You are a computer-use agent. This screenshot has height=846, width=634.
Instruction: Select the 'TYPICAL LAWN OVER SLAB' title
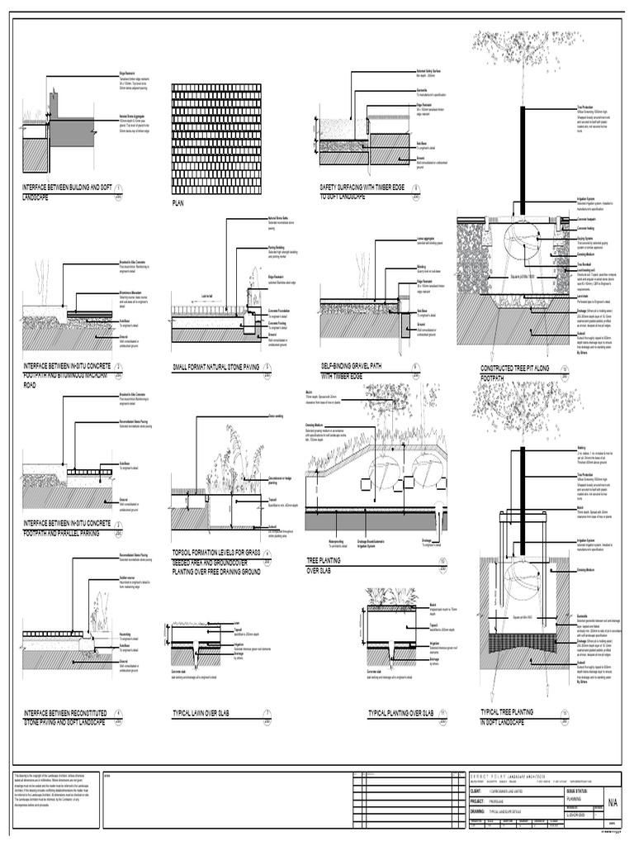point(207,712)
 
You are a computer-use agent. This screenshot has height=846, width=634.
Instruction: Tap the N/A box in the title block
point(613,801)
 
